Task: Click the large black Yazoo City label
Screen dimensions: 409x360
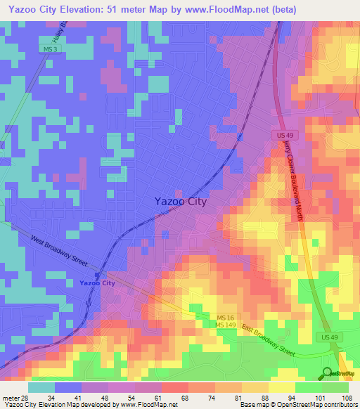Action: [x=180, y=202]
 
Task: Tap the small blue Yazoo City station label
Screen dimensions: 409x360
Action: [x=97, y=283]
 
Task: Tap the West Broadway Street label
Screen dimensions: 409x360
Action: [x=58, y=250]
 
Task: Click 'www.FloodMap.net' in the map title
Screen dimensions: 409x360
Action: [x=226, y=9]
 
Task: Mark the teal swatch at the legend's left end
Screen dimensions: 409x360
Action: [x=41, y=387]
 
